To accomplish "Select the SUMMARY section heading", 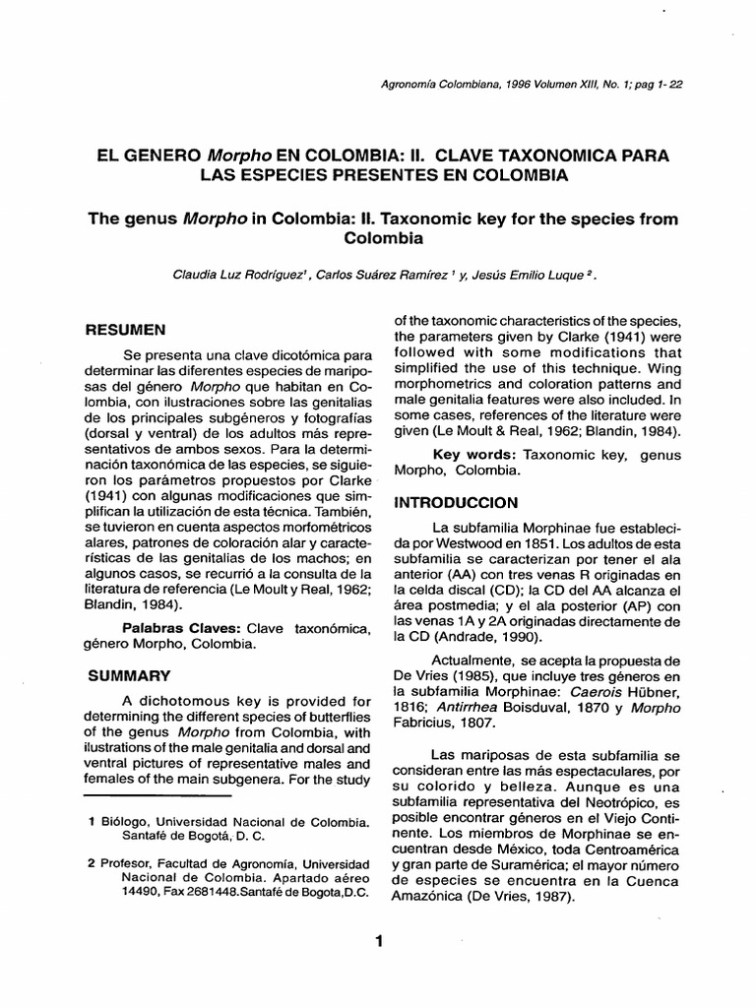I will pyautogui.click(x=131, y=676).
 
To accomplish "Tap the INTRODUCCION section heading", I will pyautogui.click(x=457, y=502).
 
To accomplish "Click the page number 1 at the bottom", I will pyautogui.click(x=378, y=942).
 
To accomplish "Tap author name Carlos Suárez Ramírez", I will pyautogui.click(x=377, y=277).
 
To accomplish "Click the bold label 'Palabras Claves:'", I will pyautogui.click(x=181, y=627).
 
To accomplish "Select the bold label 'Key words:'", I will pyautogui.click(x=475, y=455).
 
